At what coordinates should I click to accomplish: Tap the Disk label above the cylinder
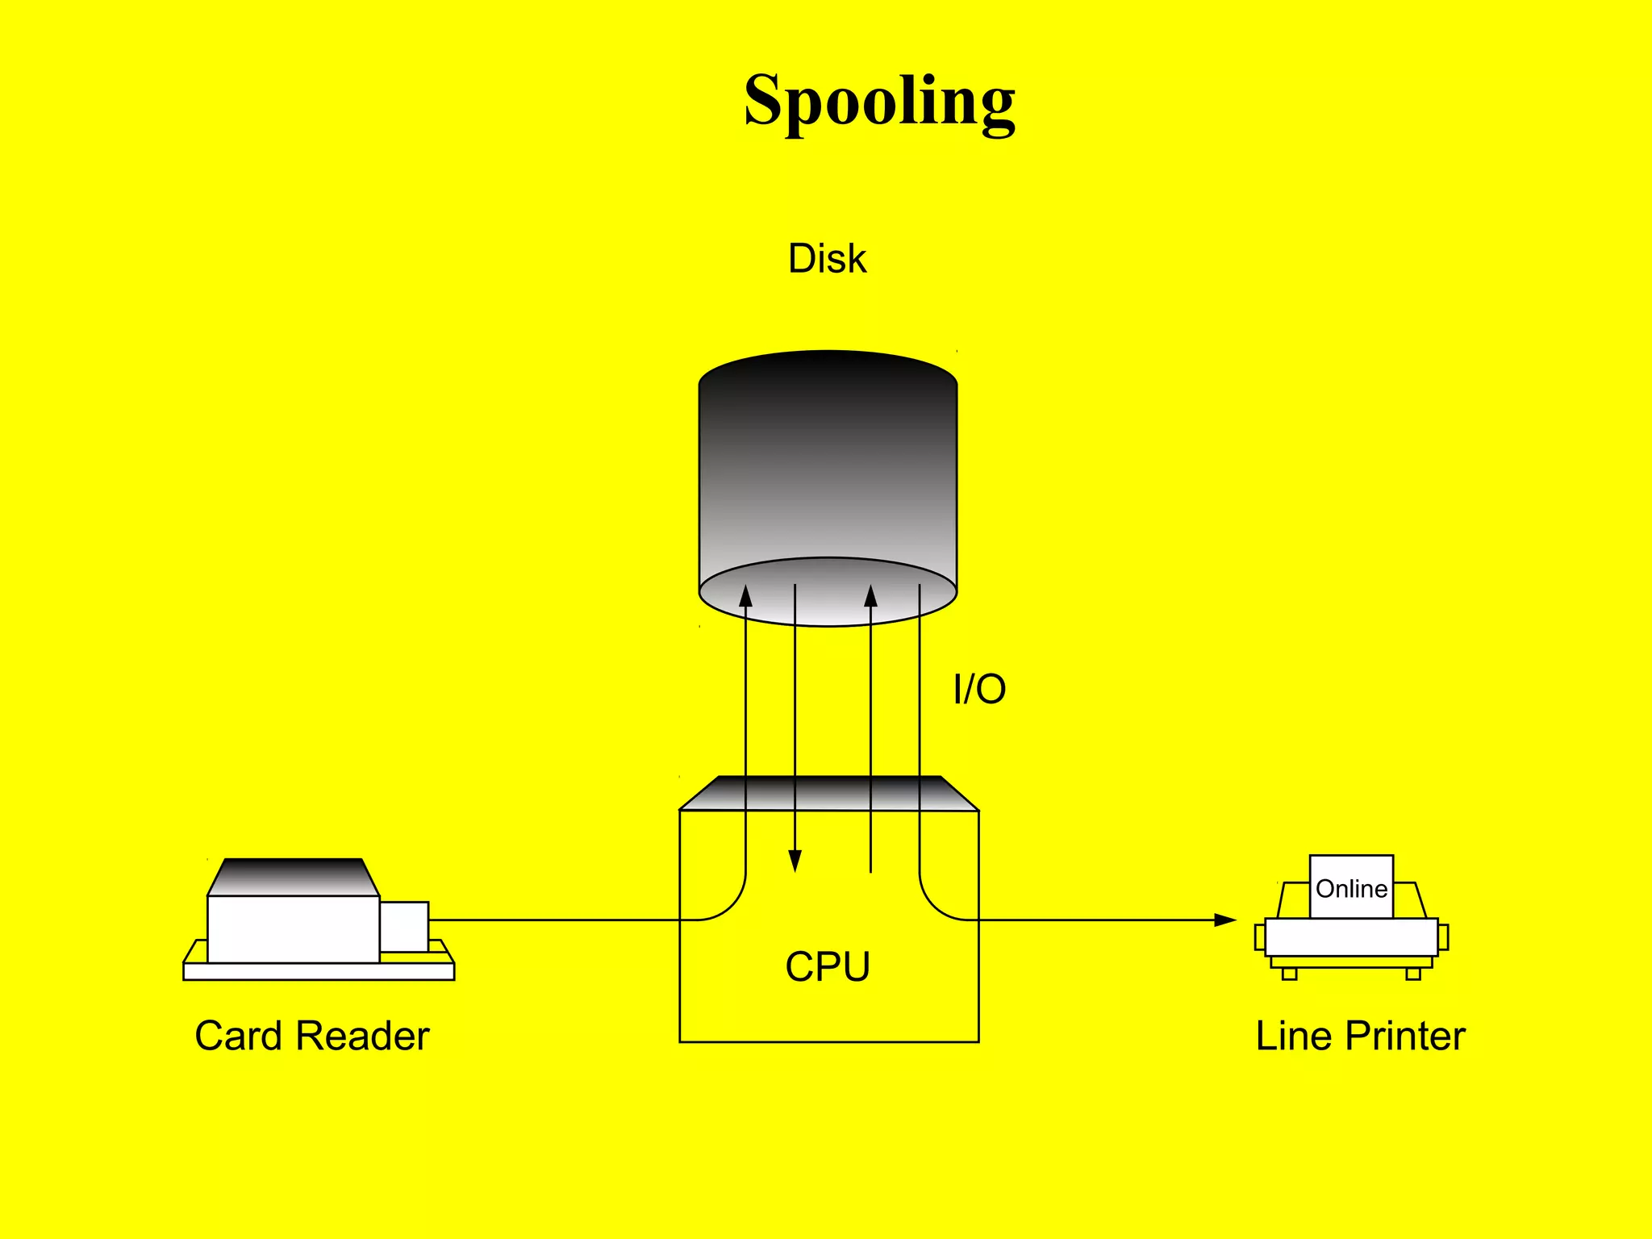[827, 259]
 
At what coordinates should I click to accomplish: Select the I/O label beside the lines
[979, 689]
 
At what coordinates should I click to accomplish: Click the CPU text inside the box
[828, 966]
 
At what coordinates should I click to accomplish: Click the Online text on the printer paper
[1351, 889]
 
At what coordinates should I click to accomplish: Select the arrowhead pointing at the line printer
[1226, 920]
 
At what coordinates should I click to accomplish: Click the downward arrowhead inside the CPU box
[795, 861]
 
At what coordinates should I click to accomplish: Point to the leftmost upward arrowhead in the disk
[745, 596]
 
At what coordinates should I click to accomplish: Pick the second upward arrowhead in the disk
[870, 596]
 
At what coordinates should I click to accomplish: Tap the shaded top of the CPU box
[828, 794]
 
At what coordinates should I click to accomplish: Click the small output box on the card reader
[404, 926]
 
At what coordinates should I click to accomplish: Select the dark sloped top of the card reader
[293, 876]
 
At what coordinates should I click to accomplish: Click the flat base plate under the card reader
[319, 971]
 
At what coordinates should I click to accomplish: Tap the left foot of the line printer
[1289, 974]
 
